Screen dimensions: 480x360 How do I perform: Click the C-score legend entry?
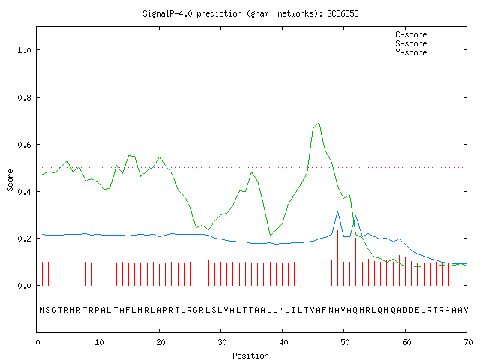pyautogui.click(x=427, y=34)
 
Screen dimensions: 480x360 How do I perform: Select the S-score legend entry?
pyautogui.click(x=427, y=43)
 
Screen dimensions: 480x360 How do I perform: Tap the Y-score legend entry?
pyautogui.click(x=427, y=52)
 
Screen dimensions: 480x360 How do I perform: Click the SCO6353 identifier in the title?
pyautogui.click(x=343, y=13)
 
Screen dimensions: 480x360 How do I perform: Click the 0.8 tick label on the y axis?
pyautogui.click(x=25, y=97)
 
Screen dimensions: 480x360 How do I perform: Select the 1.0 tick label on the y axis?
pyautogui.click(x=25, y=50)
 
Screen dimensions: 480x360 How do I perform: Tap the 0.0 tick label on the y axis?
pyautogui.click(x=25, y=286)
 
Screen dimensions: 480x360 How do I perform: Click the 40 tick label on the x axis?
pyautogui.click(x=283, y=342)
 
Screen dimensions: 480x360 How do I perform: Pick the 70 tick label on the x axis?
pyautogui.click(x=468, y=342)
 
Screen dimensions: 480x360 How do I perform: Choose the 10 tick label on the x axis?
pyautogui.click(x=99, y=342)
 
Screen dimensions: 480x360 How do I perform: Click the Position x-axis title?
pyautogui.click(x=250, y=355)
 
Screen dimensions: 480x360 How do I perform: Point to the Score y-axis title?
pyautogui.click(x=10, y=181)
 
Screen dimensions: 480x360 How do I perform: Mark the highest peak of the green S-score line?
pyautogui.click(x=319, y=123)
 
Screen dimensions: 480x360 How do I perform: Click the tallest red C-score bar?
pyautogui.click(x=337, y=258)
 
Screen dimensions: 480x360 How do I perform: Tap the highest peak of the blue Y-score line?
pyautogui.click(x=337, y=211)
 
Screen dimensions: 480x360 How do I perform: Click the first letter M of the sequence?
pyautogui.click(x=42, y=310)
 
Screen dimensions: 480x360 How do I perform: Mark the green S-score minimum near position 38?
pyautogui.click(x=270, y=235)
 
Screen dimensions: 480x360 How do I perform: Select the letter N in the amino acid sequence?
pyautogui.click(x=331, y=310)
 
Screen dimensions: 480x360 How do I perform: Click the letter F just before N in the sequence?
pyautogui.click(x=325, y=310)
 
